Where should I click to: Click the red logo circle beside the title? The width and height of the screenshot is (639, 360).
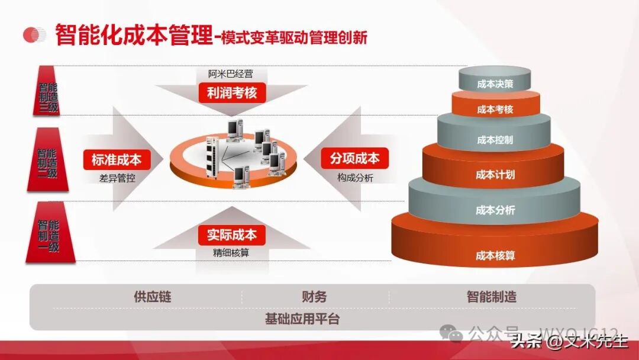click(34, 35)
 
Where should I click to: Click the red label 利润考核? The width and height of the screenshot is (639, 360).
click(232, 93)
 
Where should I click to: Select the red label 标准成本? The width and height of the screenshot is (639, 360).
click(117, 159)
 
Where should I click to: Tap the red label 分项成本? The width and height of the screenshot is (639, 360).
click(355, 159)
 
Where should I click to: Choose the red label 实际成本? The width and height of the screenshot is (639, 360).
click(232, 234)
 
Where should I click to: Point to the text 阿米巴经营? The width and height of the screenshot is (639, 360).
click(230, 75)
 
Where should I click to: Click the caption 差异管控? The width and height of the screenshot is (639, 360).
click(117, 177)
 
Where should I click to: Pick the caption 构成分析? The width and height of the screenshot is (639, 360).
click(355, 177)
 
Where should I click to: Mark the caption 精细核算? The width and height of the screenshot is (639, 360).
click(231, 252)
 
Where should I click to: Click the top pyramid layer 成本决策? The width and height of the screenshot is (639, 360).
click(495, 84)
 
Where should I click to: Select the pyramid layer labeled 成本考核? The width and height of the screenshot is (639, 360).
click(495, 110)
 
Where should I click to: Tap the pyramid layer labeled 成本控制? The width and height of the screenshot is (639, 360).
click(495, 140)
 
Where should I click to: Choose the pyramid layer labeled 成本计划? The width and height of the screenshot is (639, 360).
click(495, 175)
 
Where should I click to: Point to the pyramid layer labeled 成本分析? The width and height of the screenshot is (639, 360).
click(495, 210)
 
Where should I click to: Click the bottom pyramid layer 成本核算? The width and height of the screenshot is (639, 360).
click(495, 256)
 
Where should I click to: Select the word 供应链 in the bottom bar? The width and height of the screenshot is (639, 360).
click(152, 297)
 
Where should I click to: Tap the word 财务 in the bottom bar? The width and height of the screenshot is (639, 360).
click(314, 297)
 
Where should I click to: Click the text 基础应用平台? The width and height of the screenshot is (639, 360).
click(302, 319)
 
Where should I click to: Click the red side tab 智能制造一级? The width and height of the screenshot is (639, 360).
click(50, 233)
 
